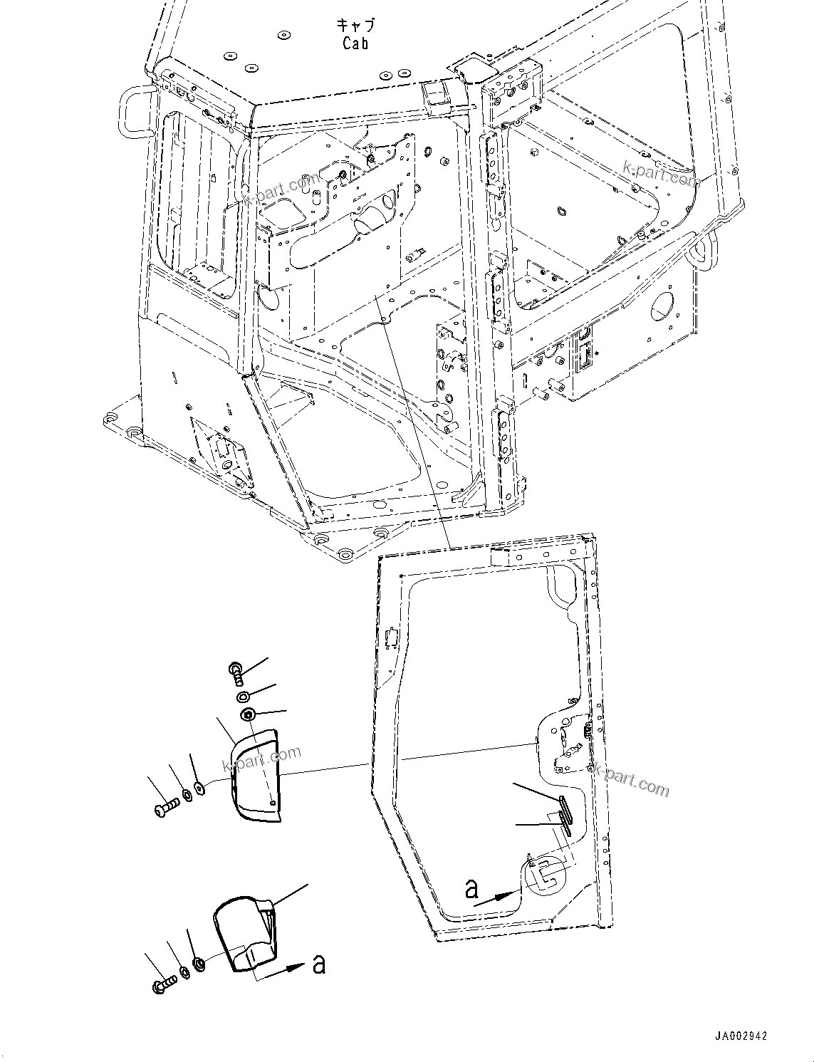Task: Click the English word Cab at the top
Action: pyautogui.click(x=355, y=43)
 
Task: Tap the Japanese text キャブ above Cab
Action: pyautogui.click(x=355, y=26)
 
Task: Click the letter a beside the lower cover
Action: pyautogui.click(x=318, y=964)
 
